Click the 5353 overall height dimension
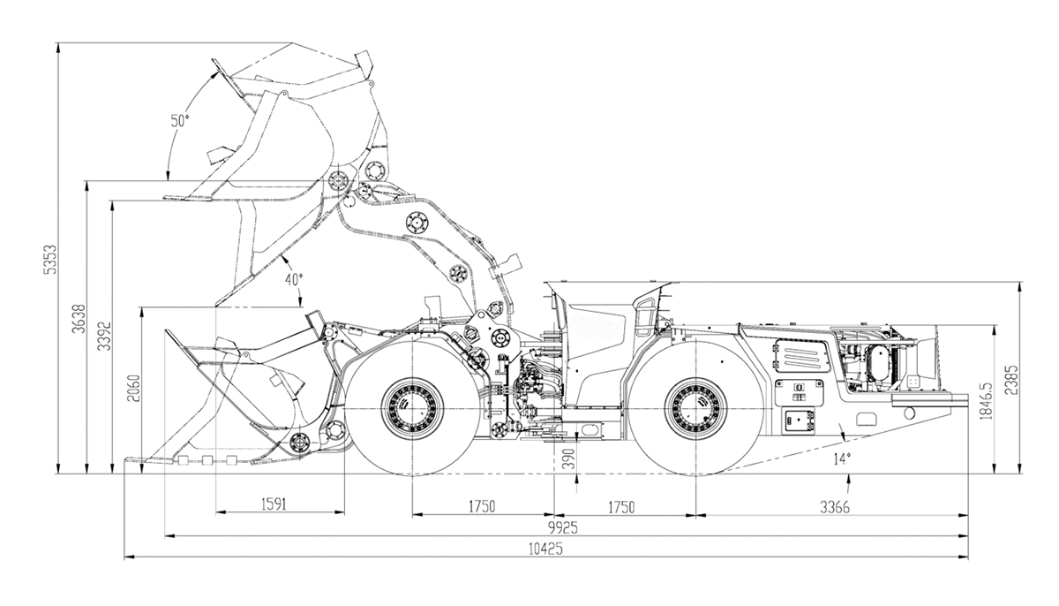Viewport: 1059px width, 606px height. (50, 259)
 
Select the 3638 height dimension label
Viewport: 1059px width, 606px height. (79, 318)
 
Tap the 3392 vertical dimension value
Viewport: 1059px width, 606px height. (104, 337)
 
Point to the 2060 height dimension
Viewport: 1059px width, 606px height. (134, 389)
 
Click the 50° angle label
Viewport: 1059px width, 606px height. (180, 121)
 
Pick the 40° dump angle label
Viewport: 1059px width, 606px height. (293, 279)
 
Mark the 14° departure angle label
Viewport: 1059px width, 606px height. (842, 458)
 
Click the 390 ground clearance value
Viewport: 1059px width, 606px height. (570, 458)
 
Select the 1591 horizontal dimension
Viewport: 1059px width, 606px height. (274, 504)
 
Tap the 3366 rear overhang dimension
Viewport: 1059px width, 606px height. (835, 507)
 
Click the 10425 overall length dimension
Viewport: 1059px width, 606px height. (546, 549)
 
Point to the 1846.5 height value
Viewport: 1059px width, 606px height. (987, 400)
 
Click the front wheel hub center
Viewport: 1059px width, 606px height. (412, 408)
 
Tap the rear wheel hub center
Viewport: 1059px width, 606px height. (695, 408)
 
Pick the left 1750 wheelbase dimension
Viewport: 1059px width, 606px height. (482, 507)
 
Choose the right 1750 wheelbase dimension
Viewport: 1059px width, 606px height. (620, 507)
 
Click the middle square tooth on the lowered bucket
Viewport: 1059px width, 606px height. (207, 460)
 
